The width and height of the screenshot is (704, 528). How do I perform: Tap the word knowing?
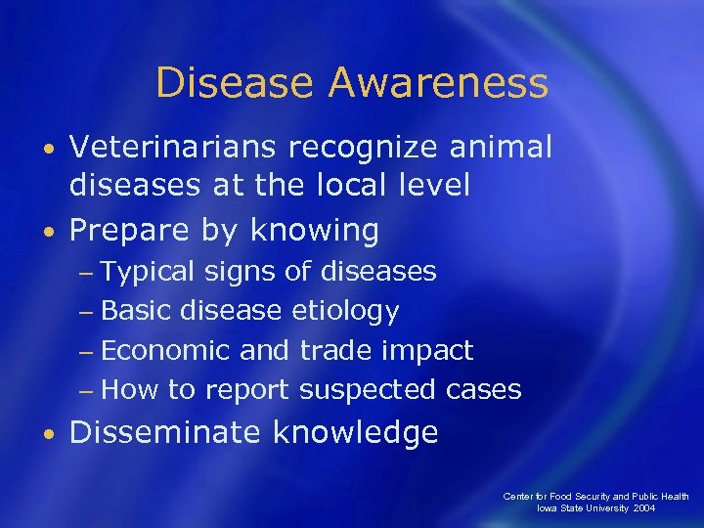click(x=314, y=231)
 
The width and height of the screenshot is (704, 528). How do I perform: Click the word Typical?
click(x=148, y=271)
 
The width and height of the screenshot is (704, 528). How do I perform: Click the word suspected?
click(x=368, y=390)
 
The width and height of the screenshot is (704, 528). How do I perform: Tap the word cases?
click(x=483, y=390)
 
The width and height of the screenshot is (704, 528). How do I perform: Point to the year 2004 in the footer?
click(x=671, y=509)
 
